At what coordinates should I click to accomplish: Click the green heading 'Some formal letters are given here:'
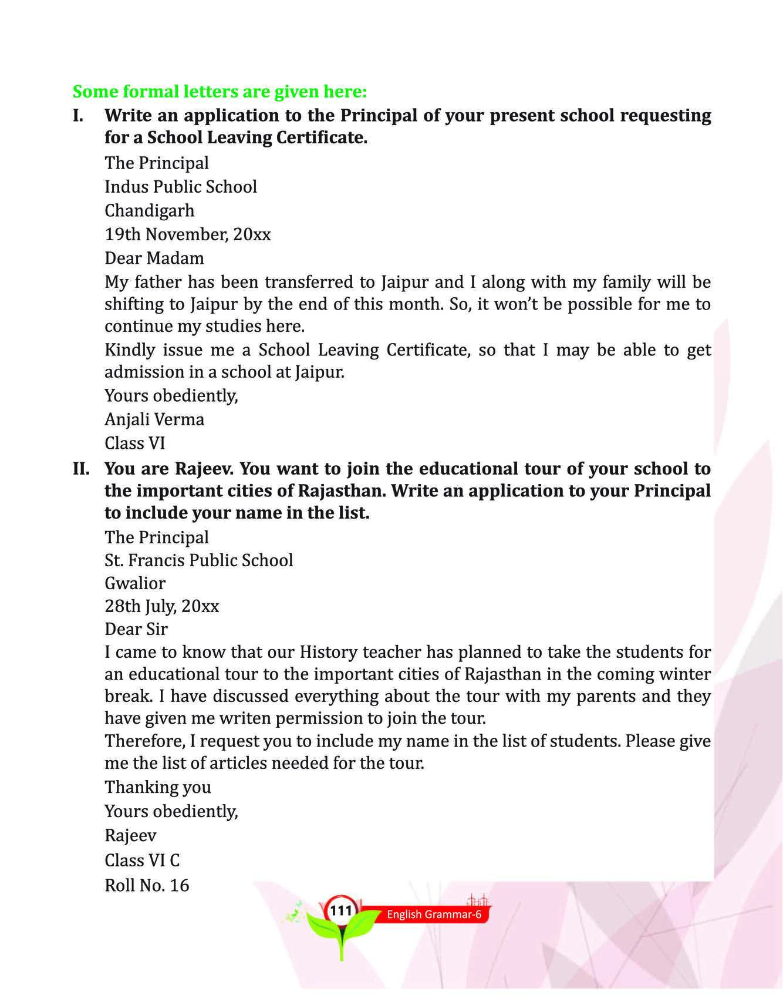coord(220,92)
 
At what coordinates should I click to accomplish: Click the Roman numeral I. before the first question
coord(78,115)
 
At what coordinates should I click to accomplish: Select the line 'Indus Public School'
coord(181,187)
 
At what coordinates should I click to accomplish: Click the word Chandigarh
coord(149,210)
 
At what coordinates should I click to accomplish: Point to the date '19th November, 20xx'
coord(188,234)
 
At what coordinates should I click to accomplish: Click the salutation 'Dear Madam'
coord(154,258)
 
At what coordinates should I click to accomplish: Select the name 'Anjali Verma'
coord(154,419)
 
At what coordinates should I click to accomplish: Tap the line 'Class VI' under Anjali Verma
coord(135,443)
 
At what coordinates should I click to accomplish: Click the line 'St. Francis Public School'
coord(199,560)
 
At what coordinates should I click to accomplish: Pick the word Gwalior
coord(135,583)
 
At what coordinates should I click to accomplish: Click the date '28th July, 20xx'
coord(162,606)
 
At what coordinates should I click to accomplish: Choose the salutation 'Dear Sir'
coord(136,629)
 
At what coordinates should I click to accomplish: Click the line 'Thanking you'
coord(158,787)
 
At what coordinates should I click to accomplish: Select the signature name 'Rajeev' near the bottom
coord(130,835)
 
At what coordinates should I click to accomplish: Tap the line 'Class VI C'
coord(142,860)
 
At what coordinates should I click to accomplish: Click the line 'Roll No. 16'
coord(147,885)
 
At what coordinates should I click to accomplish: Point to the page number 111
coord(341,910)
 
